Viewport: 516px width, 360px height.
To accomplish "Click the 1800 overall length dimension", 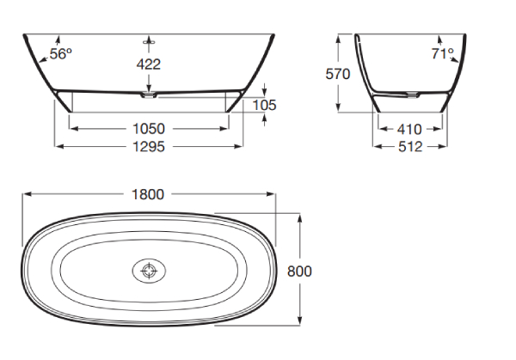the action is (x=148, y=194).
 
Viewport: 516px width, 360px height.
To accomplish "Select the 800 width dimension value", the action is (x=299, y=272).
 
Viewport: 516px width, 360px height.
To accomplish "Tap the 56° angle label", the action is (x=61, y=53).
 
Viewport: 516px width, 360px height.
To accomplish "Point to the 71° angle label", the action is (x=443, y=53).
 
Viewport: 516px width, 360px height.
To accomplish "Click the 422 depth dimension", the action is (x=149, y=64).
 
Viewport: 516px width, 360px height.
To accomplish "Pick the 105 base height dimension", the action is (x=264, y=105).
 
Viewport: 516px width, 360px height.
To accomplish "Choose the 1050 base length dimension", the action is (x=149, y=129).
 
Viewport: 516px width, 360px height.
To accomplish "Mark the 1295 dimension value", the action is (x=149, y=147).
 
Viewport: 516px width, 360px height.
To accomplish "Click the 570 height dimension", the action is (x=338, y=74).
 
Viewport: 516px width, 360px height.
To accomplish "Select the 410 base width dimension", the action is (x=409, y=129).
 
